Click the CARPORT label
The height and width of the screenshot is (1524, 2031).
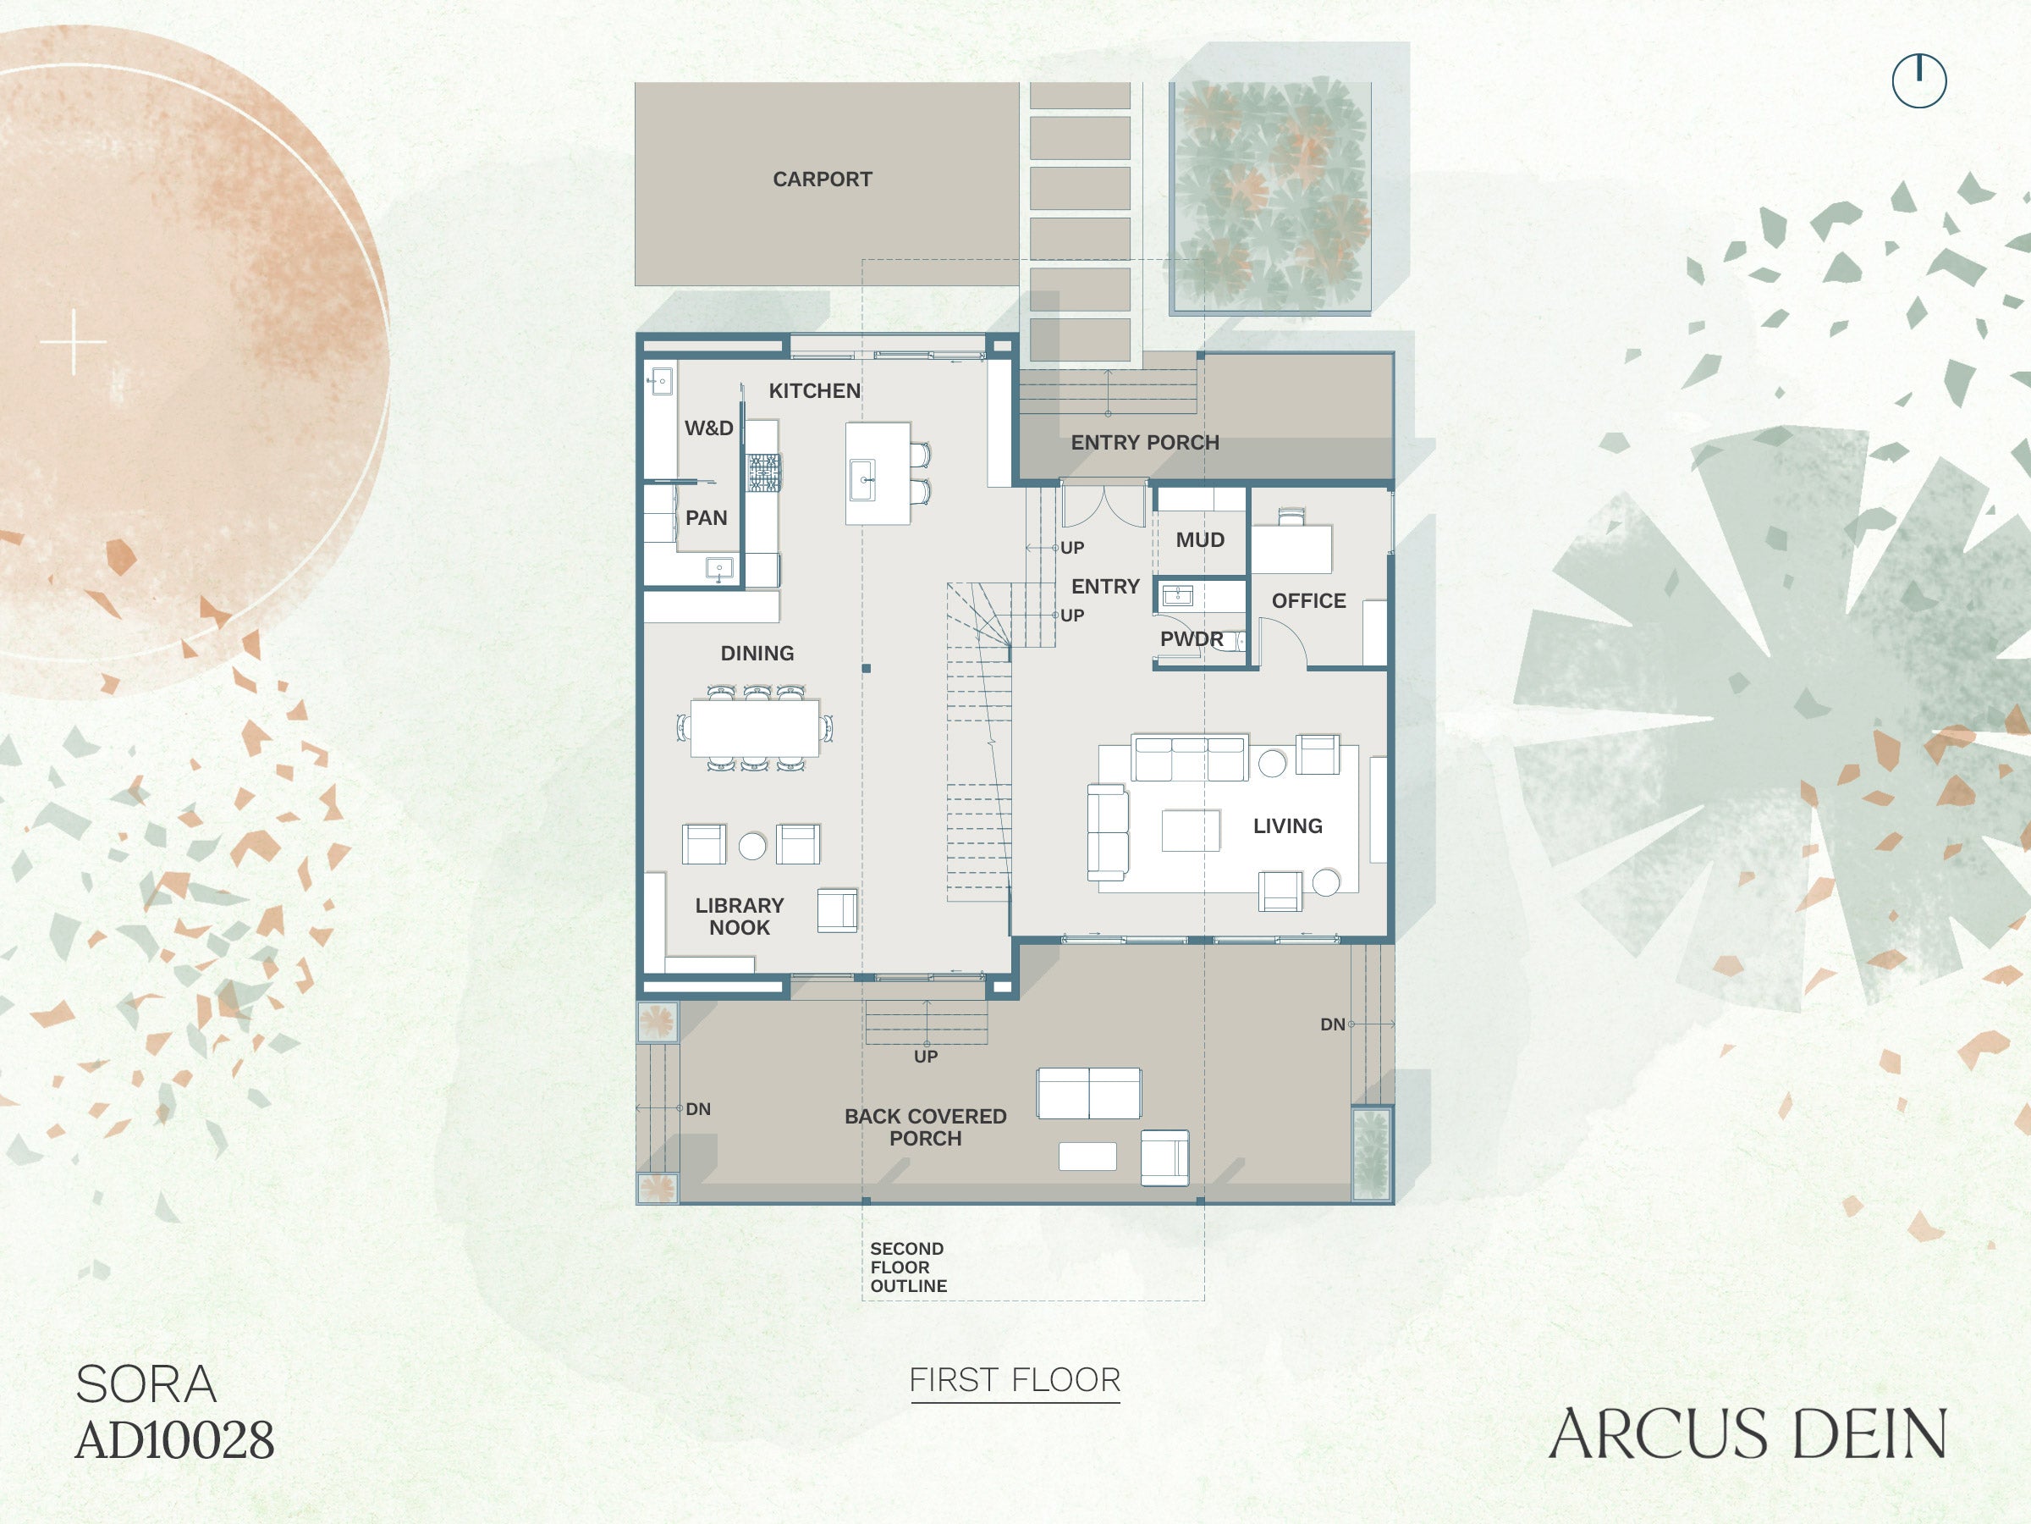coord(822,179)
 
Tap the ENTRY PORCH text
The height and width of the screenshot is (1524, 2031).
coord(1145,442)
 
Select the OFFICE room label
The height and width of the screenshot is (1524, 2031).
coord(1308,601)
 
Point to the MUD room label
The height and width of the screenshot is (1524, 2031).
coord(1200,540)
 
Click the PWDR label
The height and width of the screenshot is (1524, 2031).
coord(1191,638)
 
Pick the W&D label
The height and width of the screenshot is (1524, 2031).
coord(709,428)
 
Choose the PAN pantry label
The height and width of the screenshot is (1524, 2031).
coord(706,518)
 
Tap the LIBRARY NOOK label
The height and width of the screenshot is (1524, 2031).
coord(739,917)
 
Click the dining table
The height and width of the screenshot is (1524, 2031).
coord(755,727)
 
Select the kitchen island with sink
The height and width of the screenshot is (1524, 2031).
coord(878,473)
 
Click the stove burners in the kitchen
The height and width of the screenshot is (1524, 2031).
coord(763,473)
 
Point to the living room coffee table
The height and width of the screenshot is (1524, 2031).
coord(1191,831)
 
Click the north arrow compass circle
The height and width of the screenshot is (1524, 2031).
coord(1919,80)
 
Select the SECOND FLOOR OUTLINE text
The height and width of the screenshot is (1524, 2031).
coord(908,1267)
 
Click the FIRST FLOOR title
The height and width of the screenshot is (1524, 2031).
coord(1015,1380)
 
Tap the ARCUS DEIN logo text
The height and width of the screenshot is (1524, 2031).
coord(1748,1434)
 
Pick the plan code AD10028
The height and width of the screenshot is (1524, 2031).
coord(174,1440)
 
